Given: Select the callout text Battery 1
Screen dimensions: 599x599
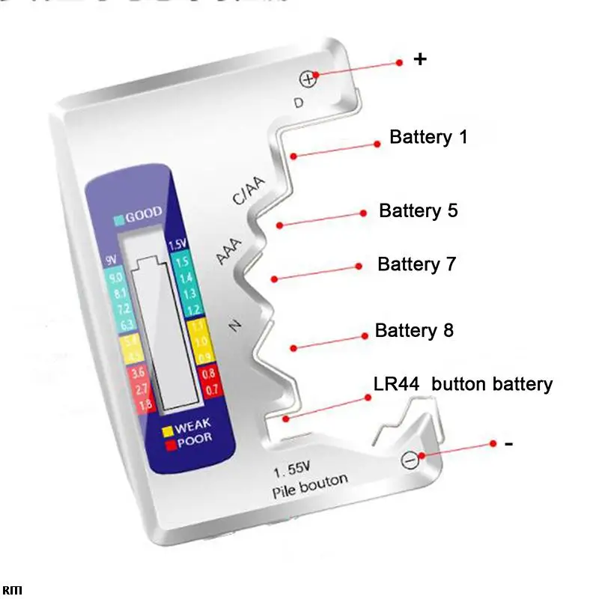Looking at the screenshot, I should (x=428, y=138).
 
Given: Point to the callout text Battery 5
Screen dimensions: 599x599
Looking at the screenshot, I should (x=418, y=210).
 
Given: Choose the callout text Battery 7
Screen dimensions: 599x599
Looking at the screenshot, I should (x=416, y=264).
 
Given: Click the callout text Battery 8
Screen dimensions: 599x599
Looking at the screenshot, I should (x=414, y=330).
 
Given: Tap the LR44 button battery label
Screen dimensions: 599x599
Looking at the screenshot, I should (x=463, y=384).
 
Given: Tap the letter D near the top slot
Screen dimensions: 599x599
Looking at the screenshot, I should (x=299, y=103).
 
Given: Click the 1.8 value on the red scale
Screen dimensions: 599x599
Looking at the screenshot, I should (x=116, y=405).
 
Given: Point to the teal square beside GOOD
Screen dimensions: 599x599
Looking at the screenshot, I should (x=118, y=220).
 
